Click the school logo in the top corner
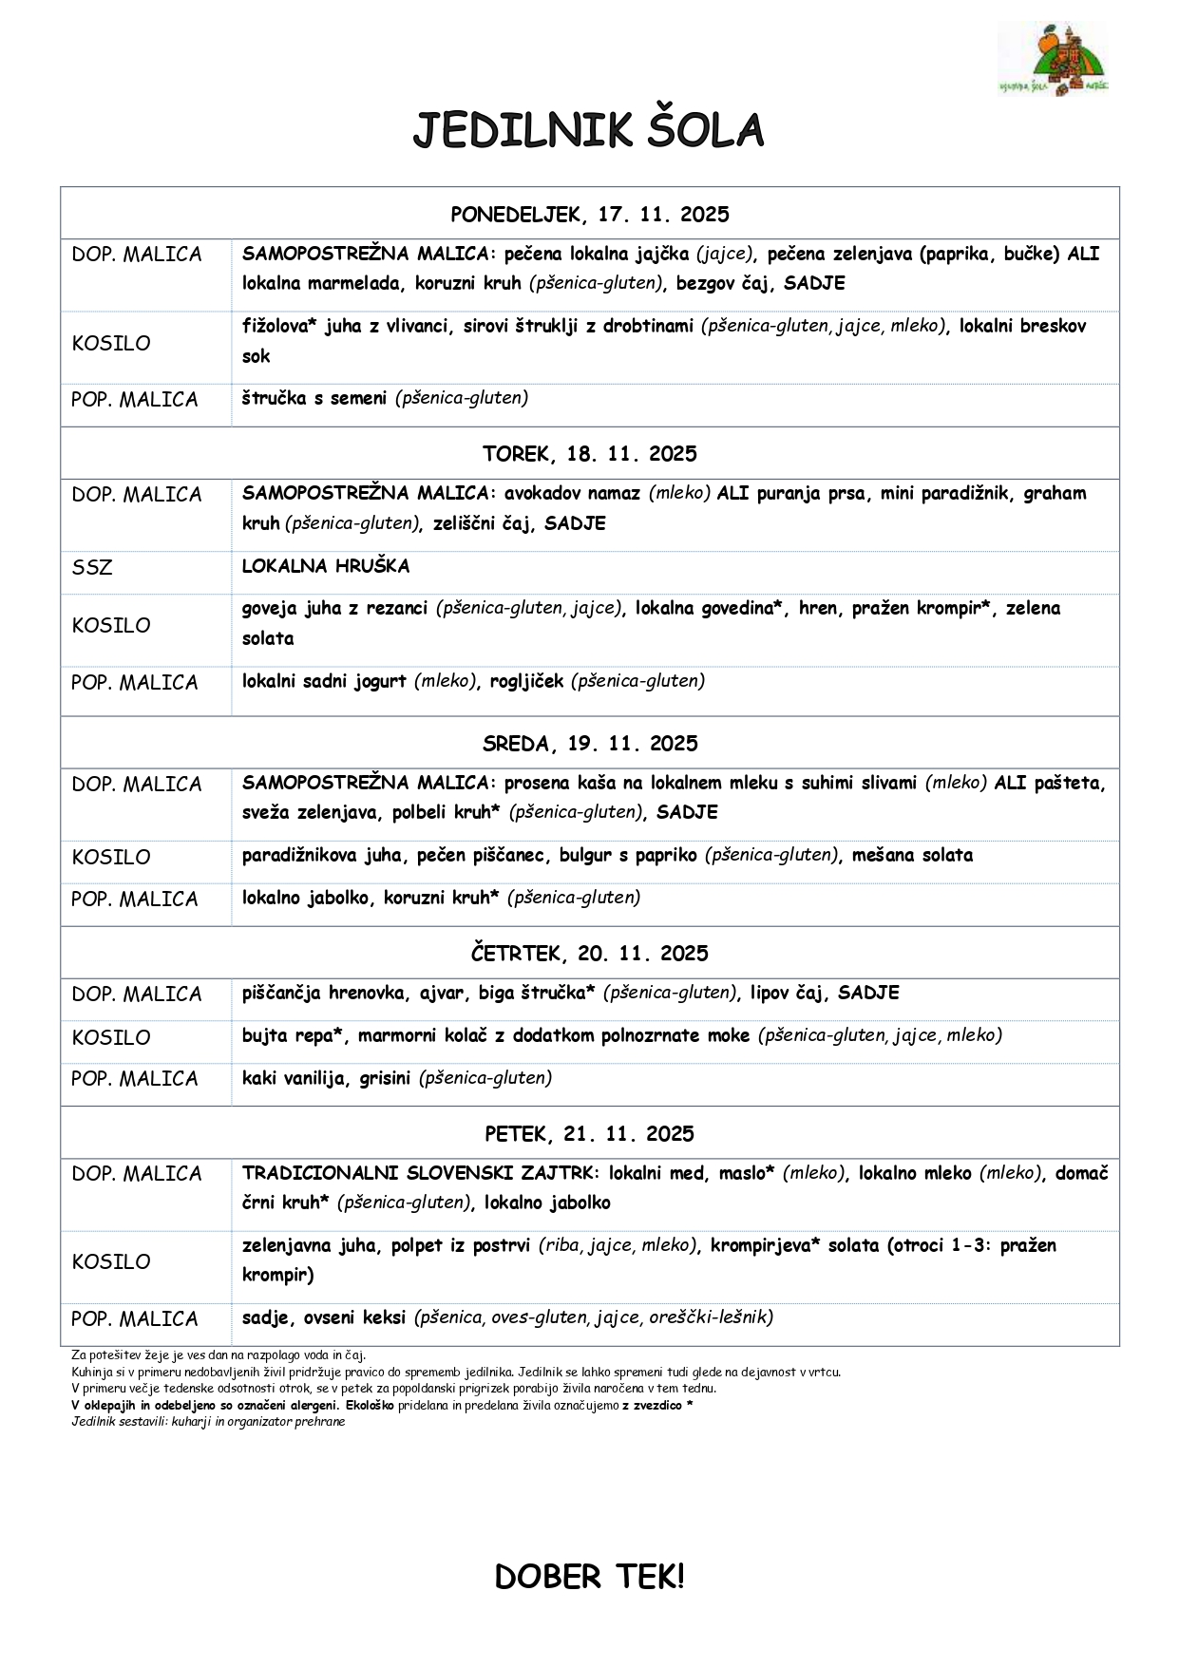point(1053,59)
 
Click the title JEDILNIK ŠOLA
point(588,131)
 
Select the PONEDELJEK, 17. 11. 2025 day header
point(589,215)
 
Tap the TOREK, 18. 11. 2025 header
point(589,454)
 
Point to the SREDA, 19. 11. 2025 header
point(589,744)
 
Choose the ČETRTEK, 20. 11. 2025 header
point(589,954)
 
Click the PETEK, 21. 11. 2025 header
point(589,1134)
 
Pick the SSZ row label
point(92,568)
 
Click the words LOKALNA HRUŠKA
point(326,566)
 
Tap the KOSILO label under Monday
point(111,344)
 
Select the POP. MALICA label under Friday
point(135,1319)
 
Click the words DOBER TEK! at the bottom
point(589,1578)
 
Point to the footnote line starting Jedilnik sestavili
point(208,1422)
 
